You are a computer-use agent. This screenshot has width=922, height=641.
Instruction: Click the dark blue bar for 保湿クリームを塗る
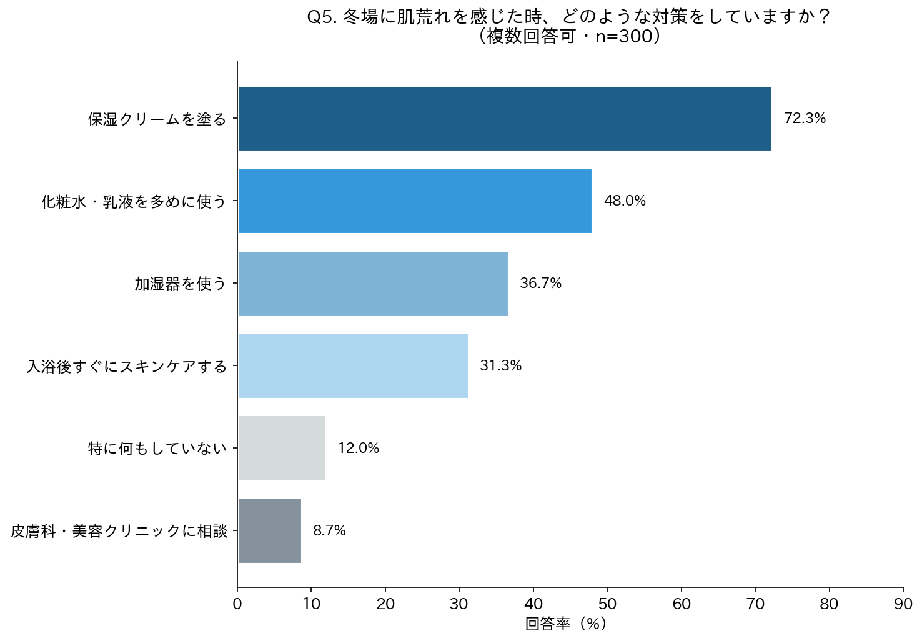click(x=505, y=119)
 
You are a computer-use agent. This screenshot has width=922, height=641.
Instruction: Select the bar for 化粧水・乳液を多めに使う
click(x=415, y=201)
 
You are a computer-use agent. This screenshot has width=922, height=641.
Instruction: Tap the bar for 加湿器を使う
click(x=373, y=284)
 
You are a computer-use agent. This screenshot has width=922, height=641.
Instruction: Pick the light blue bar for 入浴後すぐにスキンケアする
click(x=353, y=366)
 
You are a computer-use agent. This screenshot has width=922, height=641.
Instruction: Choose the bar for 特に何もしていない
click(x=282, y=449)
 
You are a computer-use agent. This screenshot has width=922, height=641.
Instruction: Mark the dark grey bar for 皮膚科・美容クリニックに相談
click(x=269, y=531)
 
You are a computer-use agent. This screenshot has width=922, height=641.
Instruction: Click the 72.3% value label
click(x=805, y=119)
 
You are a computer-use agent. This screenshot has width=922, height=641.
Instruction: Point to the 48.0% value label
click(x=625, y=201)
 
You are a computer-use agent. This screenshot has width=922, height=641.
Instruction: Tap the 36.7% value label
click(x=540, y=284)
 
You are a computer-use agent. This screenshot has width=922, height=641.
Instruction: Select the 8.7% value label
click(x=329, y=531)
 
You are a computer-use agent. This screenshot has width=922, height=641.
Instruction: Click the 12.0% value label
click(x=359, y=449)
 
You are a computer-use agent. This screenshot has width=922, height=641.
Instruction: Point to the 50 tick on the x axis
click(x=607, y=604)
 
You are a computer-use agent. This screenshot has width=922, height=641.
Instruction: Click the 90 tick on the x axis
click(x=903, y=604)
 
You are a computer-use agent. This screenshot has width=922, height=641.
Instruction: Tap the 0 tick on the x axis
click(x=237, y=604)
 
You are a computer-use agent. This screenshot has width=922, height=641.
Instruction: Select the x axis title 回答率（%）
click(x=566, y=624)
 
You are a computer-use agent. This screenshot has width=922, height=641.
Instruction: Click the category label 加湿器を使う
click(x=181, y=284)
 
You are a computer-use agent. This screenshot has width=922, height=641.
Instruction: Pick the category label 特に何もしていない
click(x=157, y=449)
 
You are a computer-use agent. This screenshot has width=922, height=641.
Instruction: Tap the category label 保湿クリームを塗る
click(x=157, y=119)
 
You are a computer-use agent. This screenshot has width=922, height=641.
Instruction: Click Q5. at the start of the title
click(x=322, y=17)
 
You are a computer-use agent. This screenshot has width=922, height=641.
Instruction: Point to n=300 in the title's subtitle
click(x=623, y=37)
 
